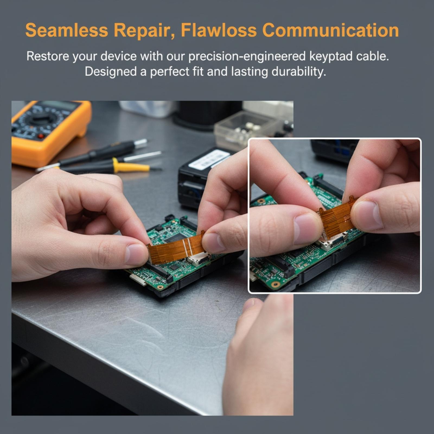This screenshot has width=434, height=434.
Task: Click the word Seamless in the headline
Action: click(67, 30)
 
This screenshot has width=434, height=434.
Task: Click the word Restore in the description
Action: click(48, 56)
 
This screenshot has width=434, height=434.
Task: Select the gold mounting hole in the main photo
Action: click(160, 287)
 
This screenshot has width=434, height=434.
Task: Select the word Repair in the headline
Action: click(144, 30)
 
